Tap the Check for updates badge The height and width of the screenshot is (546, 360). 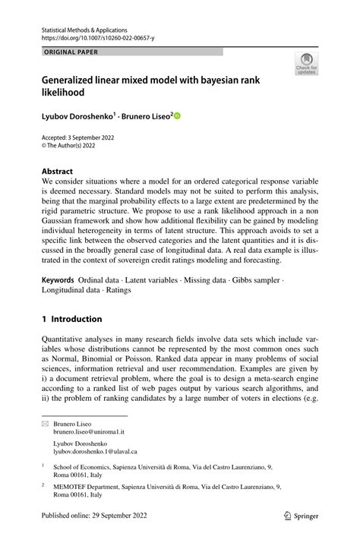(306, 64)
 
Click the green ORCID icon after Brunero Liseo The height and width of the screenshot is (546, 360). (178, 116)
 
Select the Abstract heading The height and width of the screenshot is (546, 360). (57, 172)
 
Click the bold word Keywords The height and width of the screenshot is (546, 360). (58, 280)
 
